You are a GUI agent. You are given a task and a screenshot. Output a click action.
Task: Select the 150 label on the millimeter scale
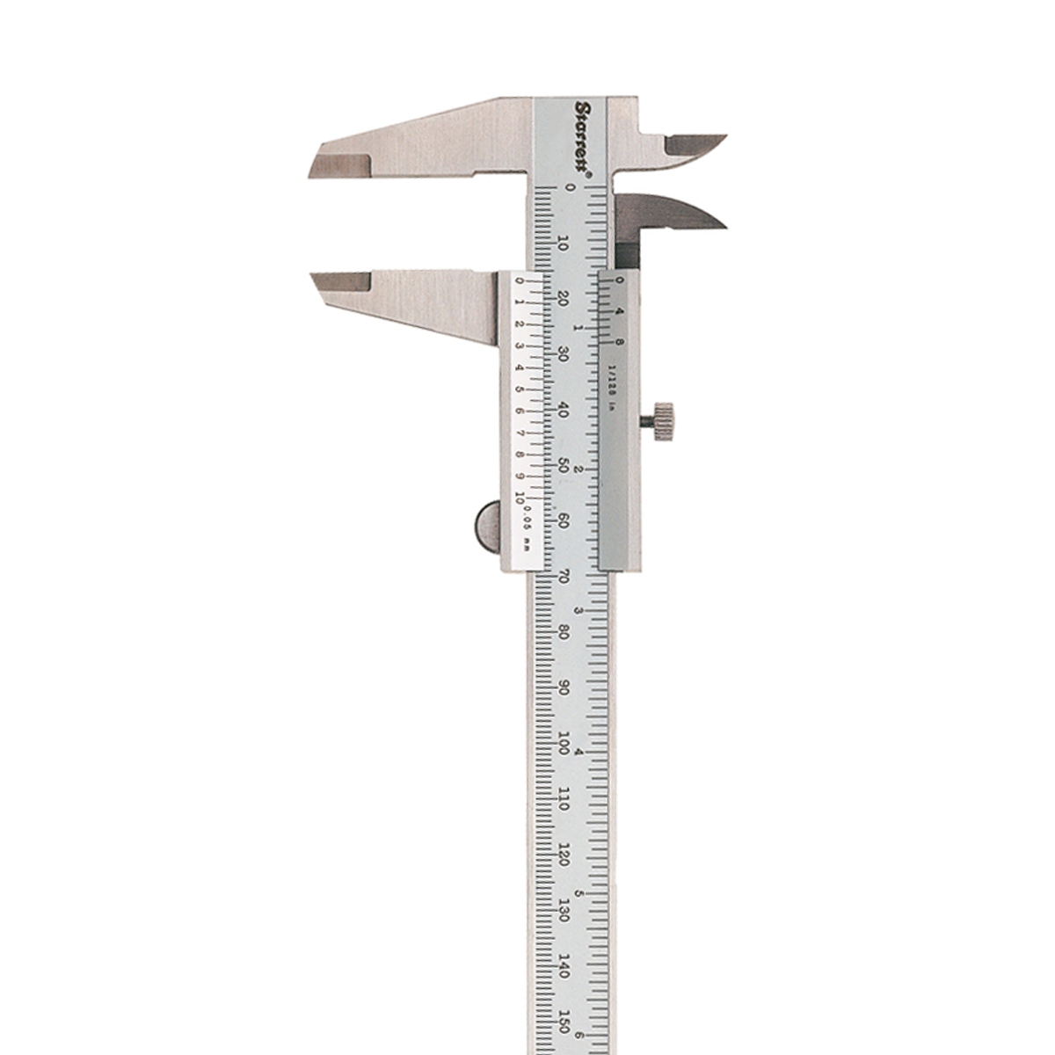(564, 1022)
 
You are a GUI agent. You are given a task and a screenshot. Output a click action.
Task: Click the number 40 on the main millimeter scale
(563, 411)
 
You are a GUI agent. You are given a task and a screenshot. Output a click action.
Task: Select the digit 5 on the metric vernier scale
(520, 389)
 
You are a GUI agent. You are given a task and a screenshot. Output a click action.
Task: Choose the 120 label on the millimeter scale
(563, 855)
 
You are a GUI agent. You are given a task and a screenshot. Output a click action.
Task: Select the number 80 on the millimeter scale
(563, 633)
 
